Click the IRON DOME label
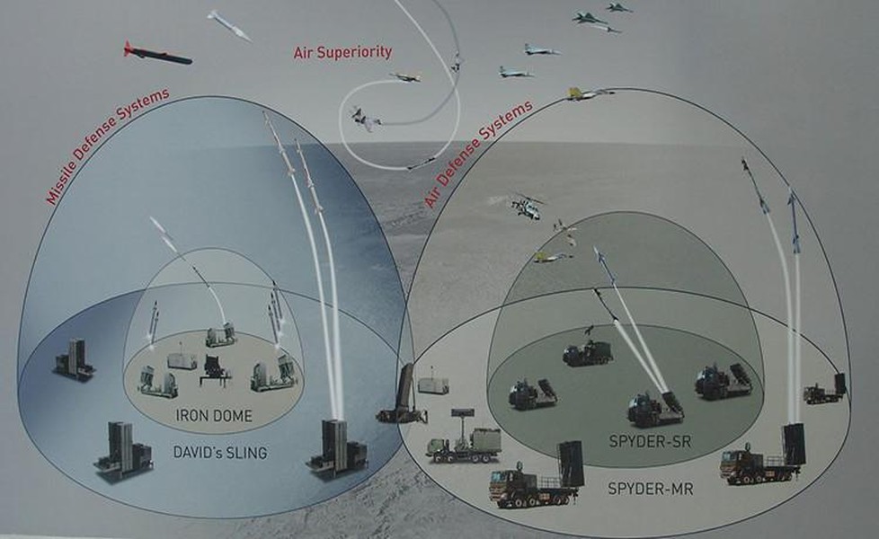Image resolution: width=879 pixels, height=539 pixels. click(x=214, y=416)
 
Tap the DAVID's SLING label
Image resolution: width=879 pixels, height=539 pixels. click(x=219, y=452)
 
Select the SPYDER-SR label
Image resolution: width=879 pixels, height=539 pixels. click(x=650, y=441)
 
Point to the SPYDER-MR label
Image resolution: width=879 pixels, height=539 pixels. click(x=651, y=489)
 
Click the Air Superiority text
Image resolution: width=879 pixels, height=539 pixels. click(x=342, y=52)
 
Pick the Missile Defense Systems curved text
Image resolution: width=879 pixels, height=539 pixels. click(x=107, y=146)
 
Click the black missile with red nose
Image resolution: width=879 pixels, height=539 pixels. click(x=157, y=54)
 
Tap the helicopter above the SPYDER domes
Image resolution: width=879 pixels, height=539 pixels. click(x=525, y=207)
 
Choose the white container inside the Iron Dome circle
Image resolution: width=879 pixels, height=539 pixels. click(x=182, y=360)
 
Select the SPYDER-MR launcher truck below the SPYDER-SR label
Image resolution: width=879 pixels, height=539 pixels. click(x=536, y=476)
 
